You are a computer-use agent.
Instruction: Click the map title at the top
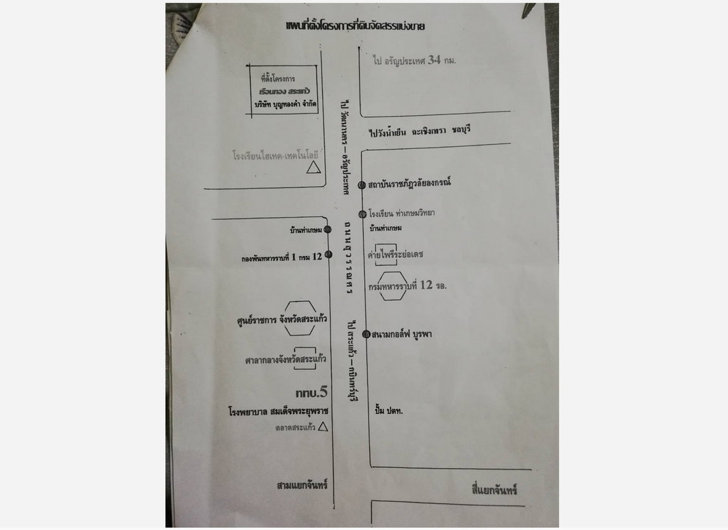point(355,27)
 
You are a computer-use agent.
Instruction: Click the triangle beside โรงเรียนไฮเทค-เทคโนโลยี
point(312,167)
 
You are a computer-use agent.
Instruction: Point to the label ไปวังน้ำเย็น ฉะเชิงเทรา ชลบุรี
point(421,131)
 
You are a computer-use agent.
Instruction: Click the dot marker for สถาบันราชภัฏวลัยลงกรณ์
point(361,185)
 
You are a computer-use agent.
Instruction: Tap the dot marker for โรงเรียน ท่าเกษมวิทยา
point(363,214)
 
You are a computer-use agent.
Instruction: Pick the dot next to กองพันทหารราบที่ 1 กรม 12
point(328,255)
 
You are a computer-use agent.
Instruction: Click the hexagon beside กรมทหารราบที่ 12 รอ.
point(392,286)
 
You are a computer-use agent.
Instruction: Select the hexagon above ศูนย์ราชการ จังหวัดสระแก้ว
point(299,318)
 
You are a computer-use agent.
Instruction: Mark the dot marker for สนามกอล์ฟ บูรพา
point(366,334)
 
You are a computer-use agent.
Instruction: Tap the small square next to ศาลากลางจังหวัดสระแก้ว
point(304,358)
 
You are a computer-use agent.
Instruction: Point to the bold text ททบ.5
point(311,393)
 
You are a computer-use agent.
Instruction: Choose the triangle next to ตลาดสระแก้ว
point(322,427)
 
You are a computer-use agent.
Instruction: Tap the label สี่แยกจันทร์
point(494,490)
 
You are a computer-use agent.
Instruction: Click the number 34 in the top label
point(434,60)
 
